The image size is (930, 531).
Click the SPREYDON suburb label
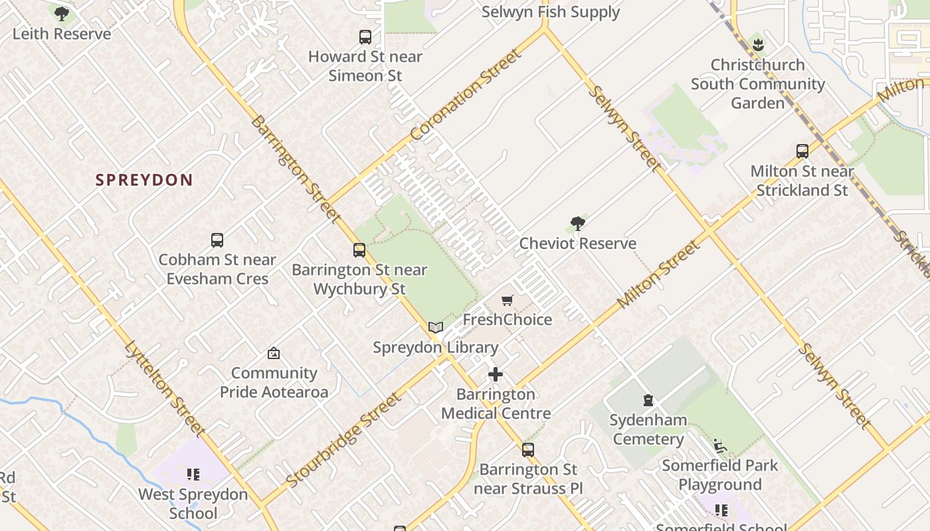click(x=144, y=180)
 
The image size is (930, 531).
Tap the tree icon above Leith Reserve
click(x=62, y=13)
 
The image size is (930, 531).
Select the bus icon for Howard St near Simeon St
click(x=365, y=37)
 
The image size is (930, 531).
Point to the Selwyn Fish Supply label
click(x=550, y=12)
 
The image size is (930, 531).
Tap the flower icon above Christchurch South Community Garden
click(x=758, y=45)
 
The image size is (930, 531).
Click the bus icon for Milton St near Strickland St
click(x=802, y=151)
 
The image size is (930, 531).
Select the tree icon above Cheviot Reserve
click(x=578, y=224)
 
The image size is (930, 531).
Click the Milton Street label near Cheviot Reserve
click(x=658, y=274)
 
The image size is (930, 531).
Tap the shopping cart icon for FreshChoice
click(x=508, y=301)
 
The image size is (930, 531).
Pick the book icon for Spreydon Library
click(x=436, y=328)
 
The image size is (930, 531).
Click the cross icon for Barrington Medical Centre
click(x=496, y=375)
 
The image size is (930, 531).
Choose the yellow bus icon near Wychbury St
click(x=359, y=250)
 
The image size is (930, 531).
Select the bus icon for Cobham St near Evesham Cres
click(x=217, y=240)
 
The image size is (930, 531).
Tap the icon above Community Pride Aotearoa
click(x=274, y=353)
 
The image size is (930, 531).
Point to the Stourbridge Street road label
click(x=343, y=439)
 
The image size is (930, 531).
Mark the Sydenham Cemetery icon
click(x=648, y=400)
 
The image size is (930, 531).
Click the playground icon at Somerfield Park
click(x=719, y=445)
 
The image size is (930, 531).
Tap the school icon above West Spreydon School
click(x=193, y=475)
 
